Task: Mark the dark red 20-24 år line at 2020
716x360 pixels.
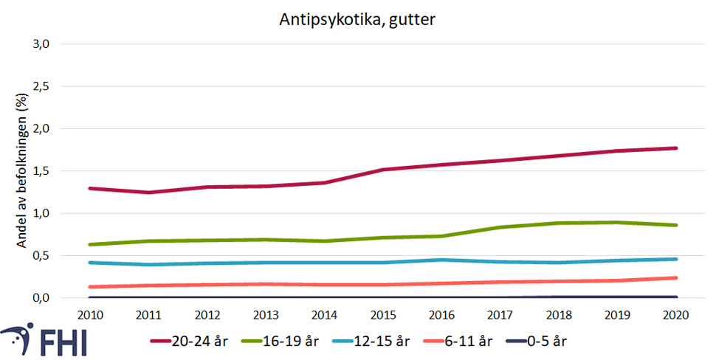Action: [x=677, y=148]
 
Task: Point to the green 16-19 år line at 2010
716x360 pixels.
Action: [x=89, y=244]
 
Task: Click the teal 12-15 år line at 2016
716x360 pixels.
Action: [x=442, y=260]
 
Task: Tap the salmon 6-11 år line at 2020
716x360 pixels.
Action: [x=677, y=278]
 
